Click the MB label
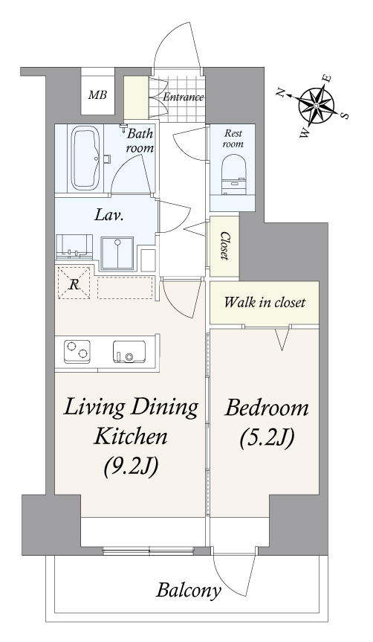[x=98, y=95]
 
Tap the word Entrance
[x=184, y=97]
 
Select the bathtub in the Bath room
[x=86, y=158]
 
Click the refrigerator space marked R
[x=74, y=283]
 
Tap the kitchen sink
[x=129, y=352]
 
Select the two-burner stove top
[x=77, y=351]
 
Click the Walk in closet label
[x=265, y=303]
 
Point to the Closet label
[x=224, y=245]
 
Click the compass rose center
[x=316, y=106]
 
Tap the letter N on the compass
[x=281, y=93]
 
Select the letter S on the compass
[x=344, y=115]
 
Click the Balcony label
[x=189, y=591]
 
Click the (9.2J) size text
[x=131, y=466]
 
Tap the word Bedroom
[x=266, y=408]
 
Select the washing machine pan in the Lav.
[x=117, y=254]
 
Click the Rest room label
[x=233, y=139]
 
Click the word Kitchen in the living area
[x=131, y=437]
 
